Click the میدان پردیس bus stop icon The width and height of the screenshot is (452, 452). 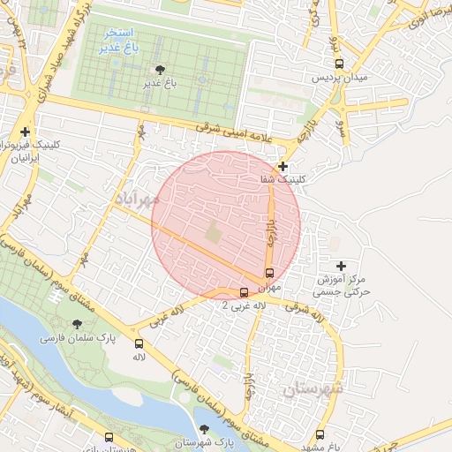coord(340,64)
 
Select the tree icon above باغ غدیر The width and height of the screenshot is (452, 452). coord(160,69)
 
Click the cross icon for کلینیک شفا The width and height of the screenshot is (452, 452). coord(282,166)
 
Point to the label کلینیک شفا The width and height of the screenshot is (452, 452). coord(282,179)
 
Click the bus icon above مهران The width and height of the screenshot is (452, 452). coord(269,273)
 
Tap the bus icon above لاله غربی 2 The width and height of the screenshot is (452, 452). coord(245,291)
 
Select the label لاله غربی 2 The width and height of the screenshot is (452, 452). coord(243,305)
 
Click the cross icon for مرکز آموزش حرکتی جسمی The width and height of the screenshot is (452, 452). coord(341,265)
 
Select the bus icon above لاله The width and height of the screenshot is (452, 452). coord(139,343)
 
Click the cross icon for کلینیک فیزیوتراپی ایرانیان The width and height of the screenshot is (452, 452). coord(26,132)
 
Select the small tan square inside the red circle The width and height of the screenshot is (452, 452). coord(214,234)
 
